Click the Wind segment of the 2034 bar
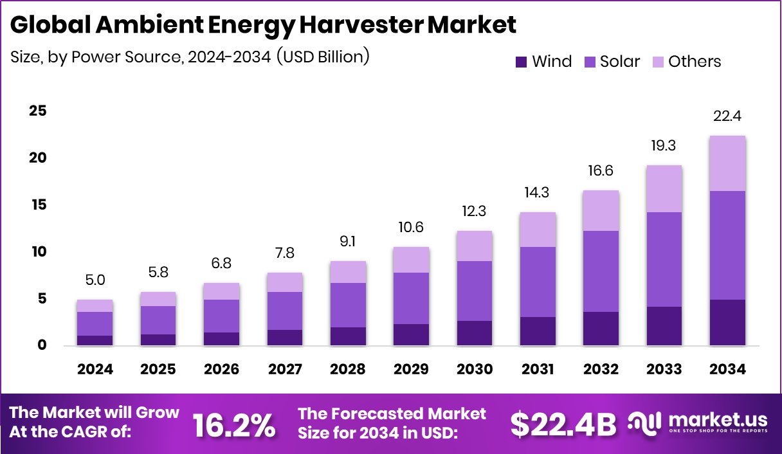[x=727, y=322]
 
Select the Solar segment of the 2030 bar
[x=475, y=291]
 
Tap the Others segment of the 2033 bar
[x=664, y=188]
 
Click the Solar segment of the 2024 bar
[x=95, y=323]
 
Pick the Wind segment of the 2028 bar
[x=348, y=336]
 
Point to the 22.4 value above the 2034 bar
[x=727, y=117]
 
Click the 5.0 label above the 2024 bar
[x=95, y=280]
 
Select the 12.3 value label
[x=475, y=211]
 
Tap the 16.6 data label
[x=601, y=170]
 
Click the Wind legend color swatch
[x=521, y=62]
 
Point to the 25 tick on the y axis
[x=38, y=111]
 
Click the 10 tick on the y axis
[x=38, y=251]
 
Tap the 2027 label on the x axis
[x=285, y=369]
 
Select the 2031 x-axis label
[x=538, y=369]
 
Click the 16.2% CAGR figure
[x=235, y=424]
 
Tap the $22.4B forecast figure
[x=563, y=424]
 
